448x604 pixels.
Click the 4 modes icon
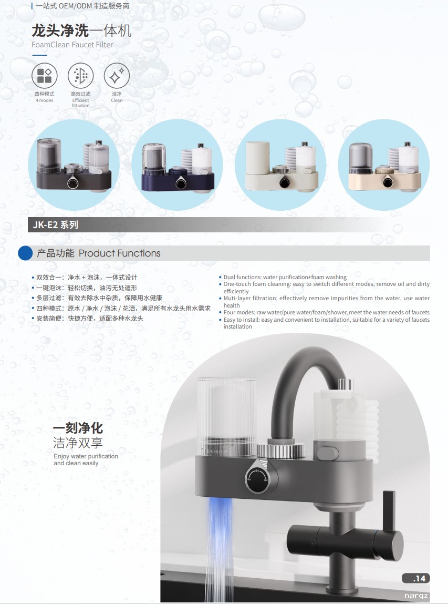(44, 75)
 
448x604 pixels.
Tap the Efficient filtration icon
(80, 75)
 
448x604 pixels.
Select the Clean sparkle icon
(117, 75)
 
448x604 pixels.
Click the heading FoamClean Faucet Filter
(72, 45)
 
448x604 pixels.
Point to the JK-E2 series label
(56, 224)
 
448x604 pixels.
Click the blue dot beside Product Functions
(25, 253)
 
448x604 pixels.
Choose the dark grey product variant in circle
(74, 165)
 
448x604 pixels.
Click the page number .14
(419, 578)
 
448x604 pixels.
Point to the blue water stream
(218, 547)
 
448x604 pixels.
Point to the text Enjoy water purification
(86, 456)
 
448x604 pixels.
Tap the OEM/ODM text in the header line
(75, 6)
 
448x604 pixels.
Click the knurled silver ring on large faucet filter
(280, 450)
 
